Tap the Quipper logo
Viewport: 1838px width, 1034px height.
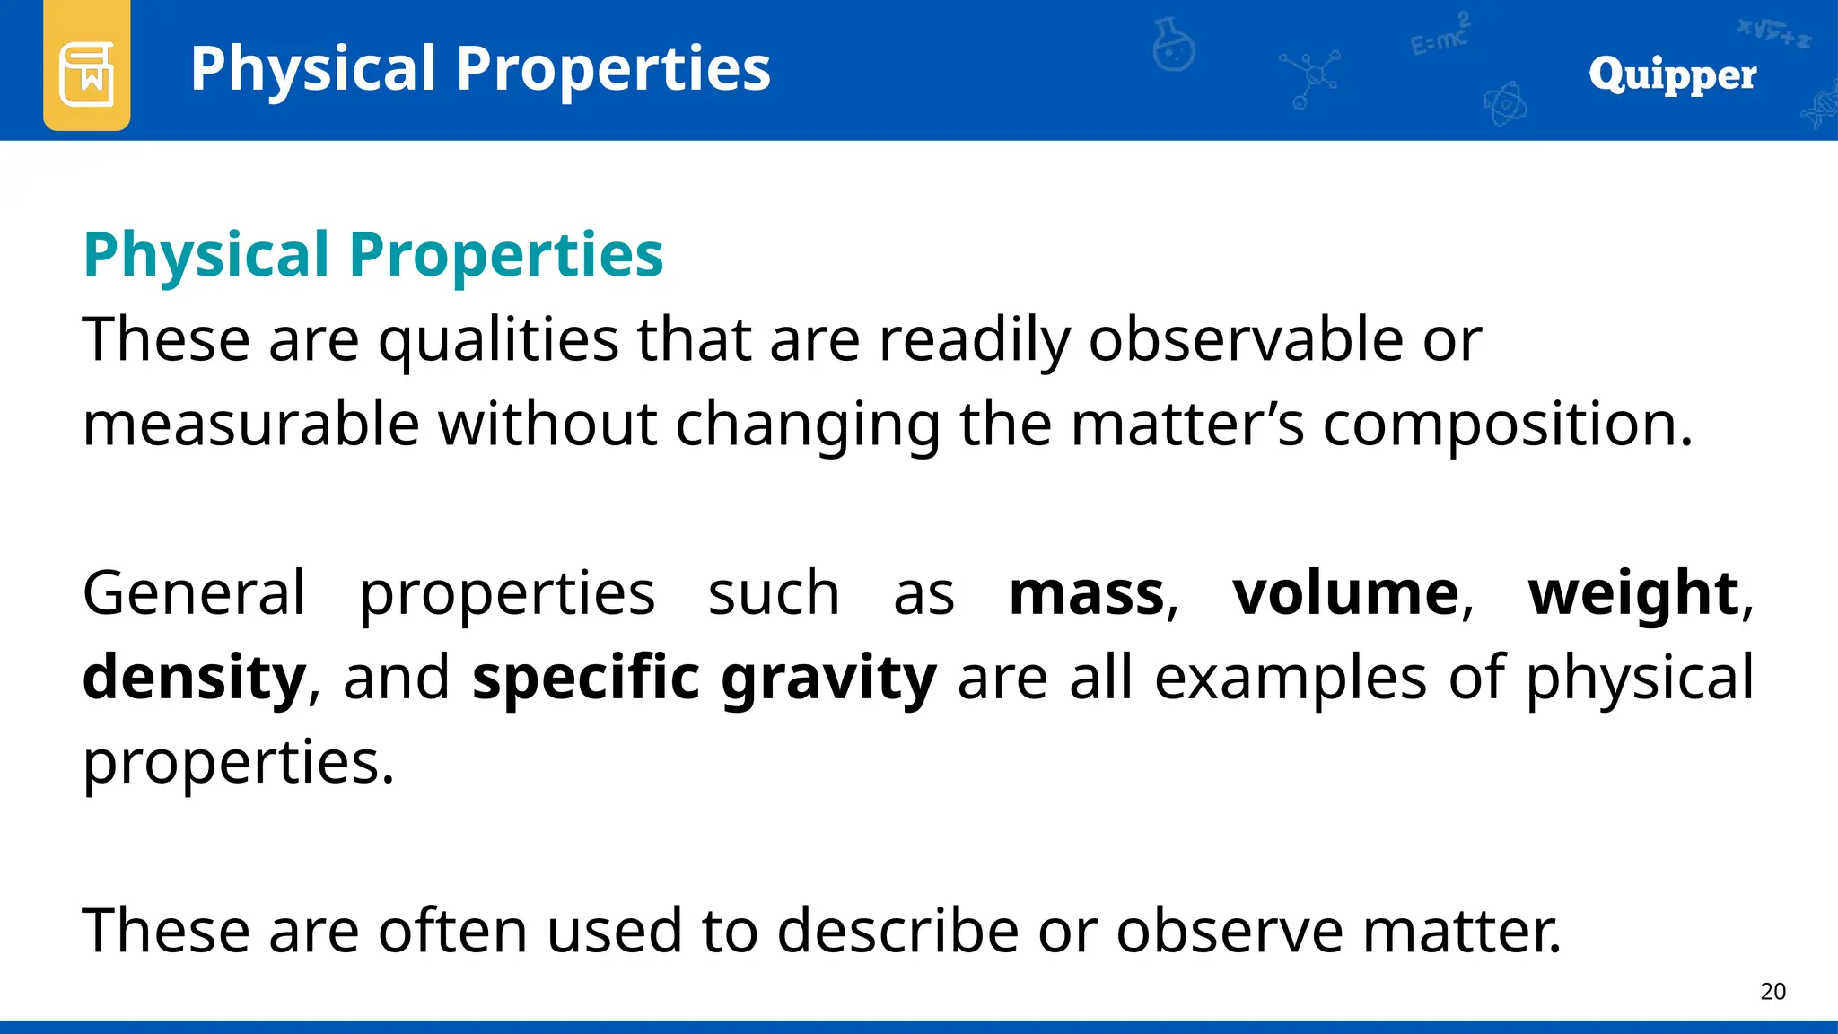(1672, 74)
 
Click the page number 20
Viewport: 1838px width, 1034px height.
(1772, 992)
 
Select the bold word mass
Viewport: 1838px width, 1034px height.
(1086, 593)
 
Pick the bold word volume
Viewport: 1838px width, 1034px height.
(1345, 593)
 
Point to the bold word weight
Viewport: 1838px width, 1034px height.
(1633, 595)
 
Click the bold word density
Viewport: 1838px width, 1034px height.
(194, 678)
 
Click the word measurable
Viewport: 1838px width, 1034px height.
(251, 424)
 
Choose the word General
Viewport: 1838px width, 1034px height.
(194, 593)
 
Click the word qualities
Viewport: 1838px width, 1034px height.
(498, 341)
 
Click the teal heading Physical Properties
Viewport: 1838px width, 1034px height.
(373, 255)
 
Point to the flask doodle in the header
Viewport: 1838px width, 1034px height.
(1173, 45)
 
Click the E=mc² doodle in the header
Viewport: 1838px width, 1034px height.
(1440, 36)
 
